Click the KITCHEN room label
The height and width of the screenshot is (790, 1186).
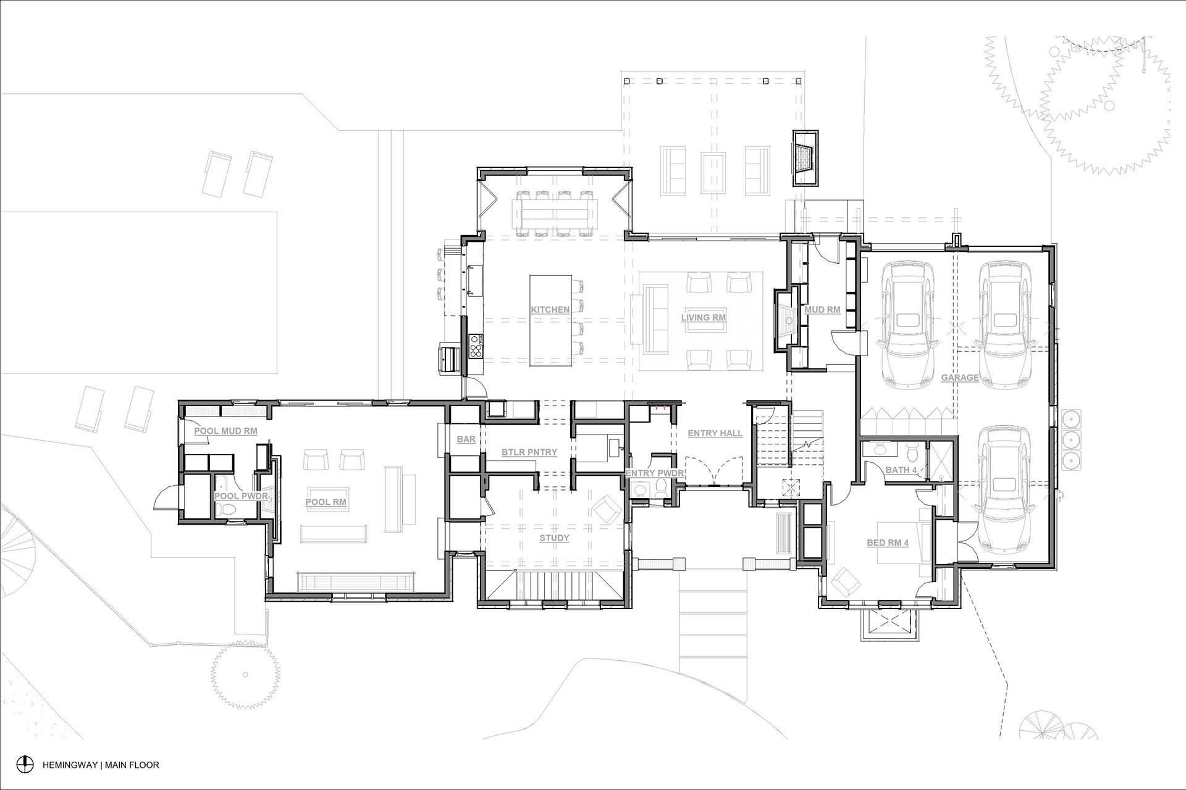click(550, 310)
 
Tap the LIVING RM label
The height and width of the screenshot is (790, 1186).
click(703, 318)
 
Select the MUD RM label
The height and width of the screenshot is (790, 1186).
click(822, 310)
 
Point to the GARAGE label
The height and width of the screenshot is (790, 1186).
click(960, 378)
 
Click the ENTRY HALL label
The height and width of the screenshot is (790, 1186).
click(715, 434)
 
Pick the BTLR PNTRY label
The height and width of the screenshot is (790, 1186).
click(529, 452)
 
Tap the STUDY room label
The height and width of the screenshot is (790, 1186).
click(554, 538)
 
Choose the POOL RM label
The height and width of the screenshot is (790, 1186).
click(326, 502)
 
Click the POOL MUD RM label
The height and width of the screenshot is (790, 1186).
click(225, 431)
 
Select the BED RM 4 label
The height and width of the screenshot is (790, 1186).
click(888, 543)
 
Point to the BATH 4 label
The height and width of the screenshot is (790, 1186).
click(901, 470)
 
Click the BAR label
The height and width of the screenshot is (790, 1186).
click(466, 439)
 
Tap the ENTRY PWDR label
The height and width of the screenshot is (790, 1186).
click(655, 473)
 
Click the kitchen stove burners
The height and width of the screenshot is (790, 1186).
click(477, 347)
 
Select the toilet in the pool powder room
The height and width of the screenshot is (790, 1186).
click(229, 509)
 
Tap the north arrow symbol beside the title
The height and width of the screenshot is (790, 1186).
click(25, 764)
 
